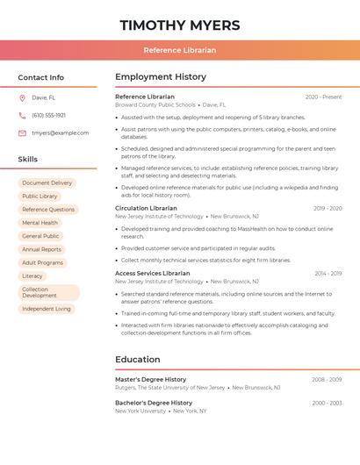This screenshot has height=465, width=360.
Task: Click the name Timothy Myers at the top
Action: point(180,25)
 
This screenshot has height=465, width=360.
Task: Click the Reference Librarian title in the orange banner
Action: point(180,50)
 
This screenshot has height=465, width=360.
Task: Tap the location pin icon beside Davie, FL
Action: point(22,98)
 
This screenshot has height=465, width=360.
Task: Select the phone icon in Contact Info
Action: point(22,115)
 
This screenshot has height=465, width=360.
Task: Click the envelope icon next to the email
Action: point(22,133)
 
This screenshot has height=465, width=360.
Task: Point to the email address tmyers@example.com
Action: point(60,133)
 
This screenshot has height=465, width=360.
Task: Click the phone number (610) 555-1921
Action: point(48,115)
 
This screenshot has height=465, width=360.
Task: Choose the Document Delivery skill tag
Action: point(47,183)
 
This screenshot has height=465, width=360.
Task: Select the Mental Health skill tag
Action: point(40,223)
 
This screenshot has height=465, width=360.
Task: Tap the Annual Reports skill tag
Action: point(42,249)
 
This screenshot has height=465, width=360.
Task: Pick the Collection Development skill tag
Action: point(48,292)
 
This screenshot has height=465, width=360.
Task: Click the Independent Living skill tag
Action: point(47,309)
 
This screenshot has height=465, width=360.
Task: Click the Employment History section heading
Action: point(161,77)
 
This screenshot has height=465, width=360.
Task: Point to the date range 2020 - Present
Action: point(323,97)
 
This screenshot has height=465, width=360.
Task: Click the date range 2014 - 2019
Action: point(328,274)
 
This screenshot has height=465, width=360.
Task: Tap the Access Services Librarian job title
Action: point(152,274)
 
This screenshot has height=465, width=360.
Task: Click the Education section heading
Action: point(138,360)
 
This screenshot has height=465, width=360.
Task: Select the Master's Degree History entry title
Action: point(151,380)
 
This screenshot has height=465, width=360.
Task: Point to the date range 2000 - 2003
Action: point(327,404)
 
